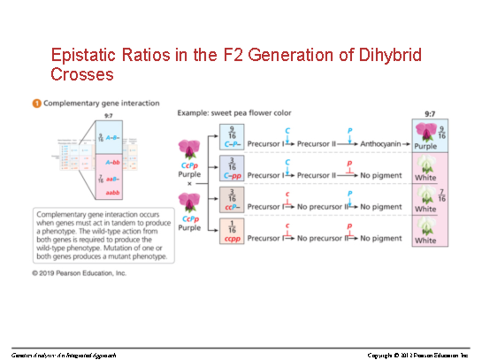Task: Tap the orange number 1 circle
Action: pos(36,104)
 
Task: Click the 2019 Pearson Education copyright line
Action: pos(79,273)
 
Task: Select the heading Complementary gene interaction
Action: pos(101,104)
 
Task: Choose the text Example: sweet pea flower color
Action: pos(234,113)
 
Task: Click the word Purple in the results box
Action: pos(425,146)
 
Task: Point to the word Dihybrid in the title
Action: pos(388,55)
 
